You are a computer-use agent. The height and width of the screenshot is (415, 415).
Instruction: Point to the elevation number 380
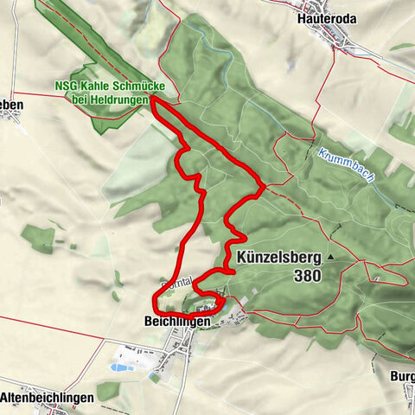(x=307, y=277)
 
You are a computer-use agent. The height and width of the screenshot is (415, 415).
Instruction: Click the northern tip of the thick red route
(x=153, y=101)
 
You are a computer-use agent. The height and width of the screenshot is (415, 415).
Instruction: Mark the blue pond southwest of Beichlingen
(x=118, y=367)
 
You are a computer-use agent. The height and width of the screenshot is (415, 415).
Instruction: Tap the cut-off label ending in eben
(x=11, y=105)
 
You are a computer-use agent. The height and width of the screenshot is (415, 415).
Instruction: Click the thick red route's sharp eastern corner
(x=264, y=184)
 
